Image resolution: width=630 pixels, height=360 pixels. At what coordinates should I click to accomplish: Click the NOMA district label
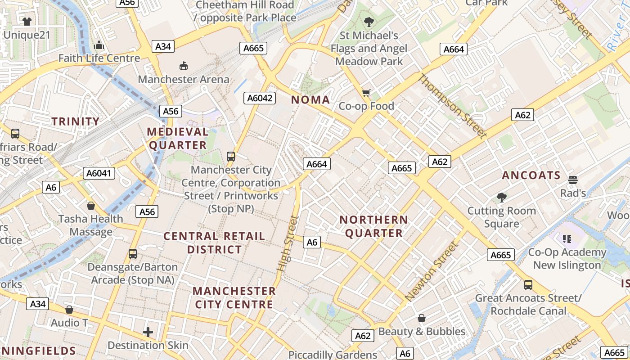310,100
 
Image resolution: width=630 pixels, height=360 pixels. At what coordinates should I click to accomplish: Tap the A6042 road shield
260,98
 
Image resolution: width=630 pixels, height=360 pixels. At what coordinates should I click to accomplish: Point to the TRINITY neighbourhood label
75,121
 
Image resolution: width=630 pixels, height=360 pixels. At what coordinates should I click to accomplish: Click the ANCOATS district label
531,175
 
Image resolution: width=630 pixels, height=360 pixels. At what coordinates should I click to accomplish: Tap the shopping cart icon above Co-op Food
366,93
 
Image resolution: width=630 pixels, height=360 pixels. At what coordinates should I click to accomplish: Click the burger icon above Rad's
572,180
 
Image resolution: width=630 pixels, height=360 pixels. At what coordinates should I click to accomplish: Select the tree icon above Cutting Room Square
501,197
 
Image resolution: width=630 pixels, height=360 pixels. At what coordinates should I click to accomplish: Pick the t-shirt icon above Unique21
27,21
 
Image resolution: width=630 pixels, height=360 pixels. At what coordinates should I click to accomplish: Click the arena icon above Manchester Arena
183,66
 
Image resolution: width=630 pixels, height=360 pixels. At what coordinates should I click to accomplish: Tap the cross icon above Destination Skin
148,333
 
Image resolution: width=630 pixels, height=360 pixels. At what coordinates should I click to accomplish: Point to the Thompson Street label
453,106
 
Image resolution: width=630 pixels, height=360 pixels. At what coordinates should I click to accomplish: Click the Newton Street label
432,272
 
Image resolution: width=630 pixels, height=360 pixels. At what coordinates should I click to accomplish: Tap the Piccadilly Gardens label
333,355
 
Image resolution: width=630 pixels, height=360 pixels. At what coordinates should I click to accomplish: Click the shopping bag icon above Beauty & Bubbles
422,319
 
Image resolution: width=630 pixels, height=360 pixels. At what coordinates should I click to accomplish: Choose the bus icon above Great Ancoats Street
528,285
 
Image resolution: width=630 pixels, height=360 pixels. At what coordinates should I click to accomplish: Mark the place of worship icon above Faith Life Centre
99,45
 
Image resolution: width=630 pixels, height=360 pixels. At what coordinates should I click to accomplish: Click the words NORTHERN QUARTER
373,226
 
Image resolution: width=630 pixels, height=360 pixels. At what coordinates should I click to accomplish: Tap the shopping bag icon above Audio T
69,310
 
